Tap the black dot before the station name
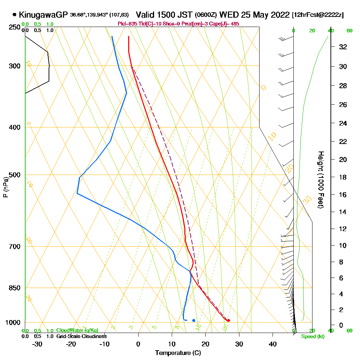pyautogui.click(x=14, y=15)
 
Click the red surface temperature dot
pyautogui.click(x=229, y=320)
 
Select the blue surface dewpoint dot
pyautogui.click(x=194, y=320)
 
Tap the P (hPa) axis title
pyautogui.click(x=5, y=187)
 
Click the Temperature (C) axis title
pyautogui.click(x=178, y=352)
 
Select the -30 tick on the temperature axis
pyautogui.click(x=37, y=344)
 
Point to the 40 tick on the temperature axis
pyautogui.click(x=273, y=344)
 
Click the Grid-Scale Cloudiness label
pyautogui.click(x=81, y=336)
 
